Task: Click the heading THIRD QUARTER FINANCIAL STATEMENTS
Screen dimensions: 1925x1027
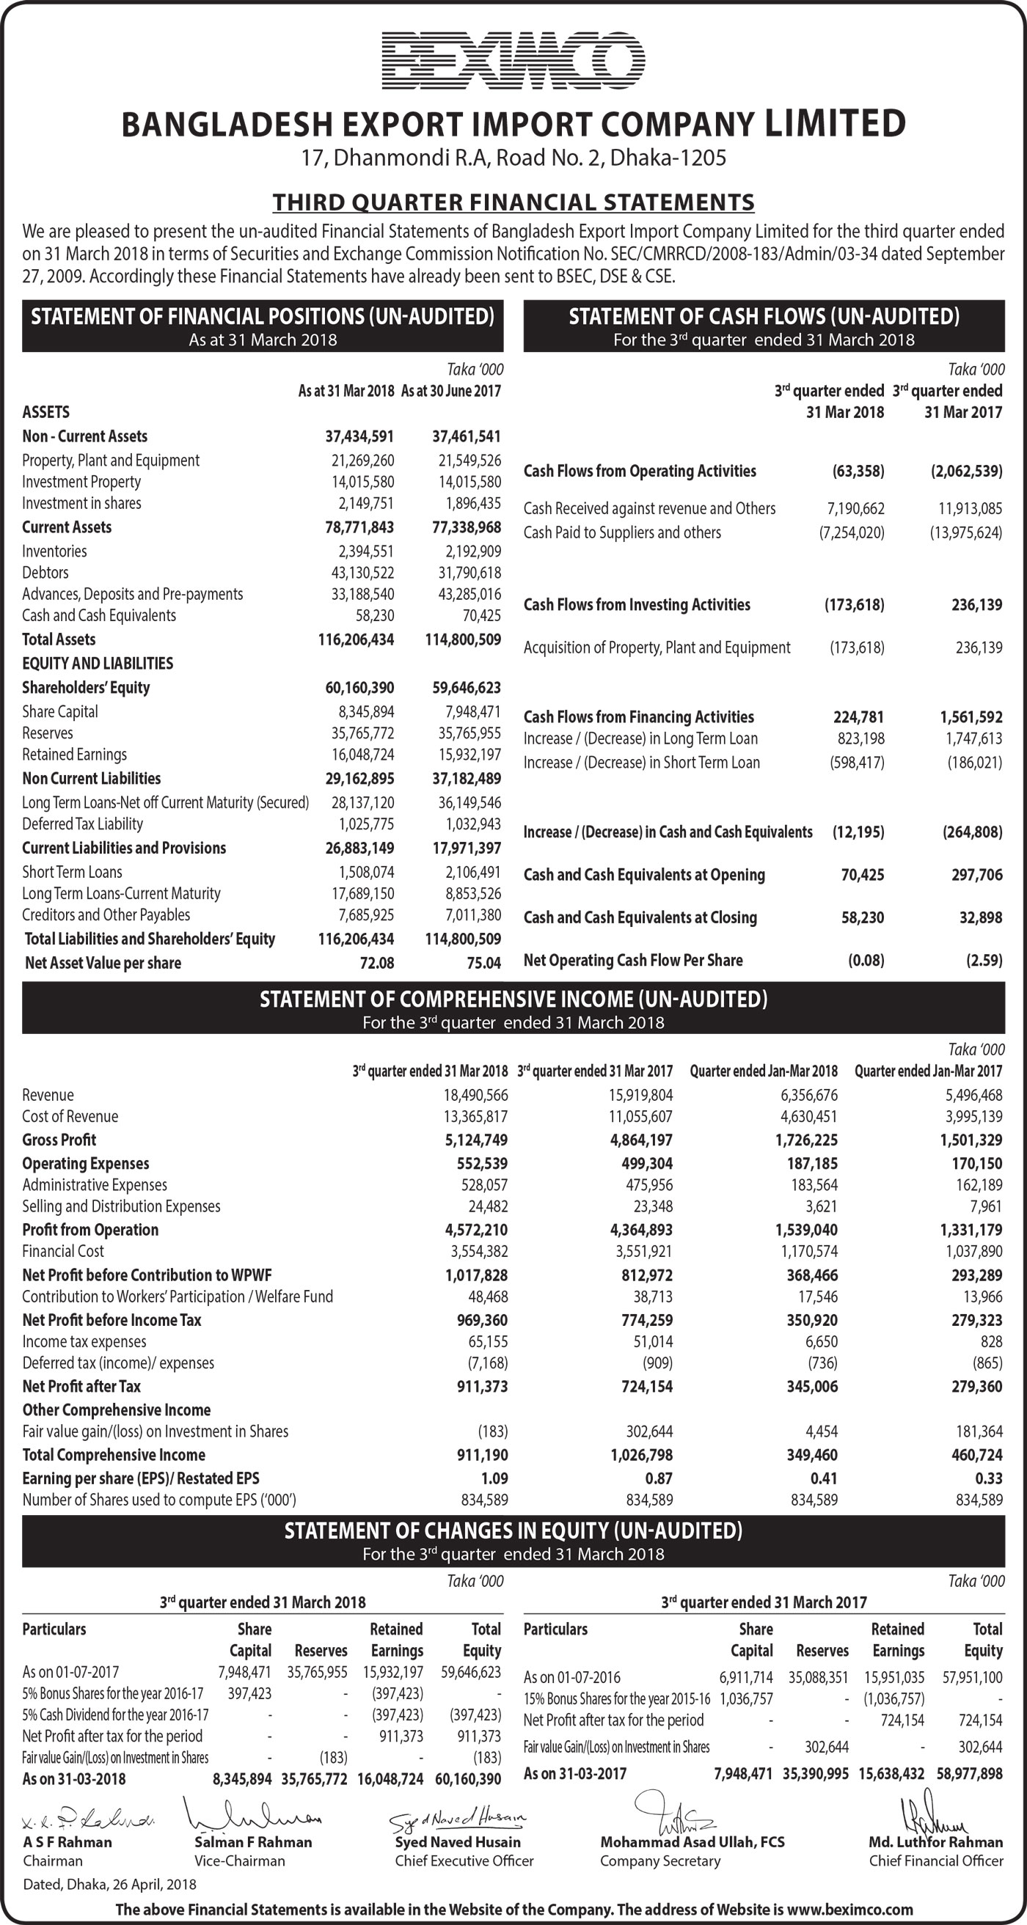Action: click(x=513, y=202)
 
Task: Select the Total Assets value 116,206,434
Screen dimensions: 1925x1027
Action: click(x=356, y=639)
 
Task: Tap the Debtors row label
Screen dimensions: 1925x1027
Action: click(x=45, y=573)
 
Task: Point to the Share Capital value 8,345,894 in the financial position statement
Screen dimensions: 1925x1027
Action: click(x=362, y=712)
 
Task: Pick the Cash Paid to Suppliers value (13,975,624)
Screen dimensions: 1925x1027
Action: click(x=965, y=533)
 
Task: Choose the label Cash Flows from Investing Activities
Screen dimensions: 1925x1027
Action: click(x=636, y=605)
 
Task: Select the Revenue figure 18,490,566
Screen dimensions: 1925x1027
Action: click(x=476, y=1096)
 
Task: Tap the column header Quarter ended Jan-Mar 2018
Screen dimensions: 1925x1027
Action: click(x=763, y=1071)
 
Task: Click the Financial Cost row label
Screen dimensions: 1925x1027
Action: click(x=63, y=1252)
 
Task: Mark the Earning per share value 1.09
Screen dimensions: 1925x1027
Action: click(x=493, y=1479)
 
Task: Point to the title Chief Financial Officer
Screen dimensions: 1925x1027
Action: click(x=936, y=1861)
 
